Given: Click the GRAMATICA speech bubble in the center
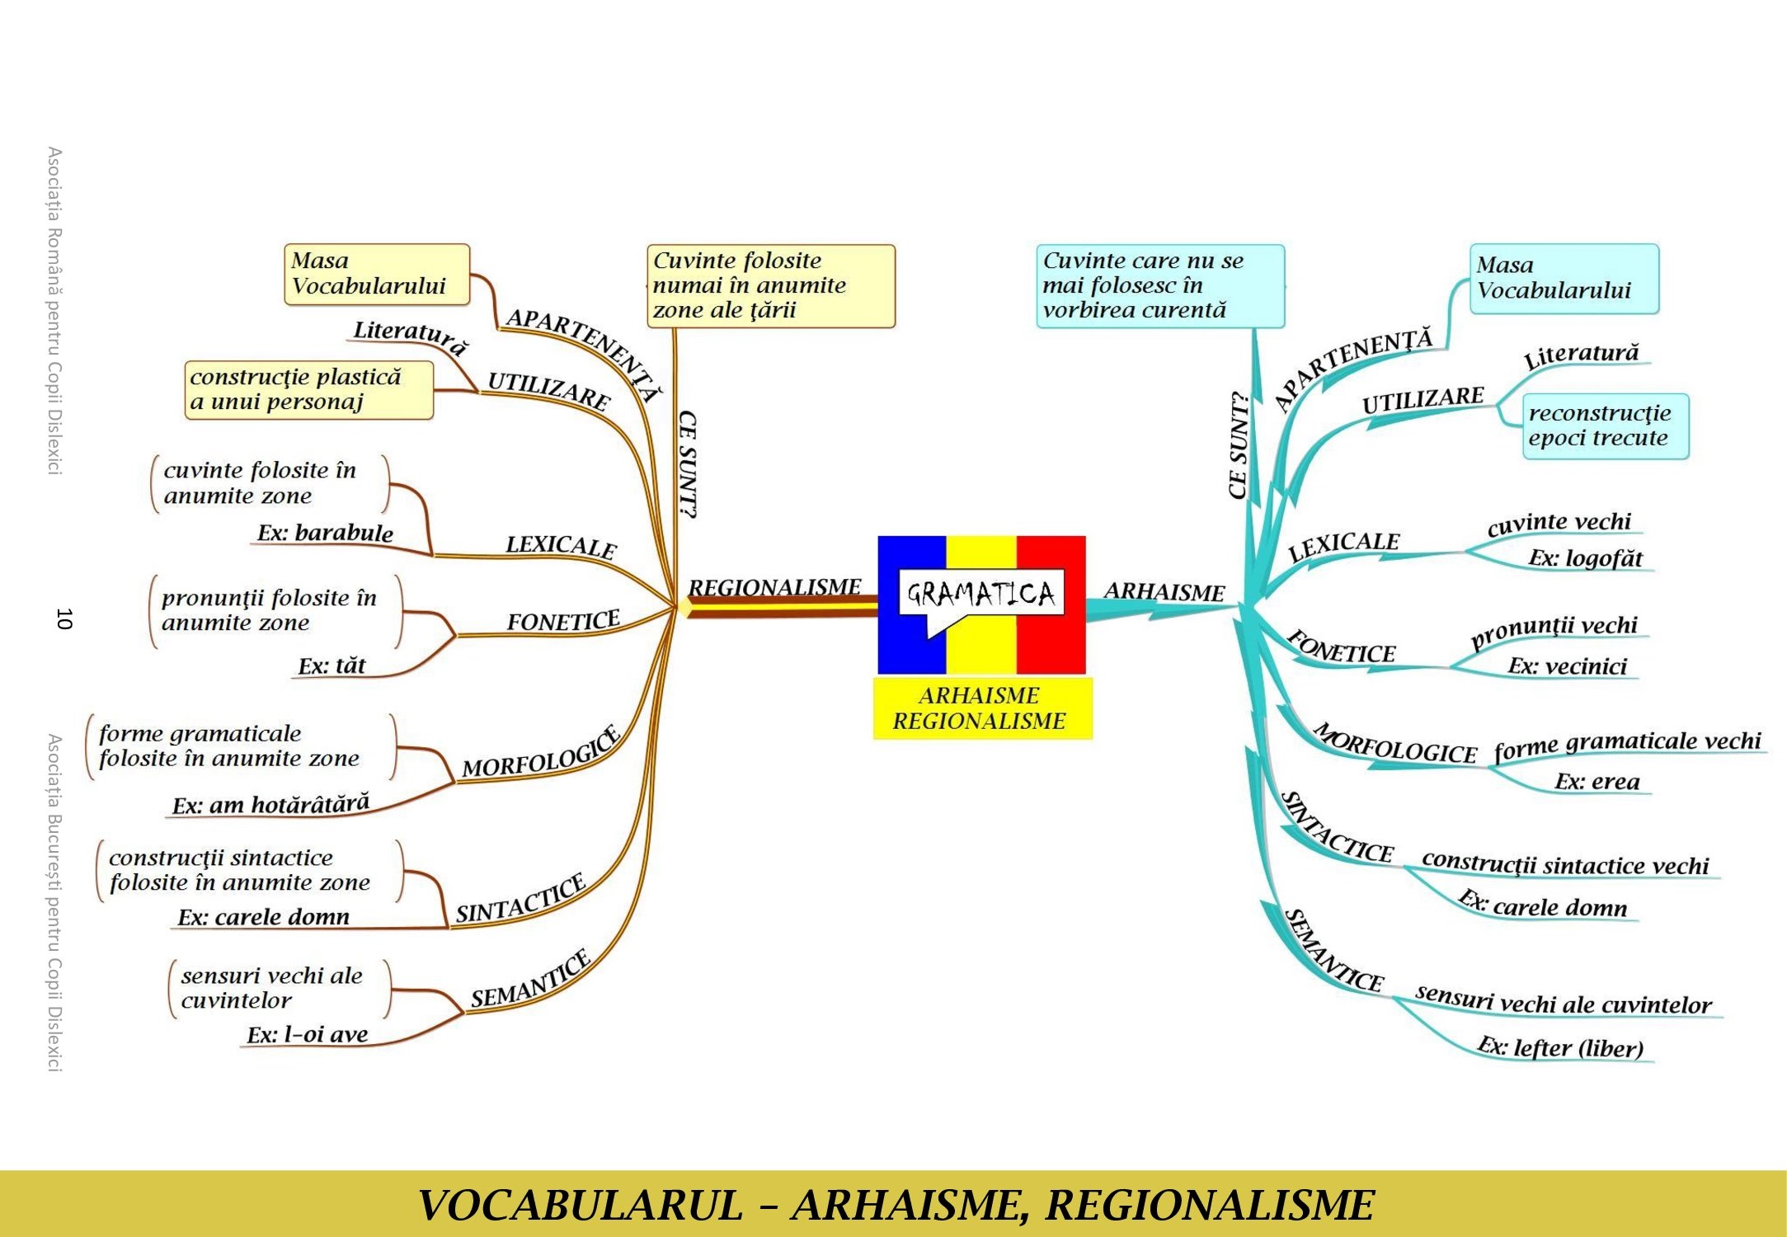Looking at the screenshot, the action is point(980,594).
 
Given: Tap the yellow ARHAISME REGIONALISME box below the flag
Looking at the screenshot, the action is point(983,708).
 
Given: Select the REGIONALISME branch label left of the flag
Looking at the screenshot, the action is point(774,587).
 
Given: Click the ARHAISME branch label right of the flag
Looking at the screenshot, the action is point(1164,592).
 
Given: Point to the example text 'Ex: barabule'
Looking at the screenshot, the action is point(325,533).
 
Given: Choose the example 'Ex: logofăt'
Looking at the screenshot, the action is point(1585,558).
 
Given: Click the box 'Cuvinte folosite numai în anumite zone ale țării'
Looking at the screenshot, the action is point(771,286).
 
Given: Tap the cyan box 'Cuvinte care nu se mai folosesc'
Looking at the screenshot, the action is point(1160,286).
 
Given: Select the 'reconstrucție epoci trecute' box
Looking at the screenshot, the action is point(1606,426).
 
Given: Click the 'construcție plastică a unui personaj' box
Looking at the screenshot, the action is point(309,390).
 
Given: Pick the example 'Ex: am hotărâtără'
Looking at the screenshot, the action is point(270,804).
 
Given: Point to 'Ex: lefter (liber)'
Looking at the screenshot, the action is point(1560,1047).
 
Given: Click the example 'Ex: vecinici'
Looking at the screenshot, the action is point(1568,666).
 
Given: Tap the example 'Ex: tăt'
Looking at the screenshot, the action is point(332,666).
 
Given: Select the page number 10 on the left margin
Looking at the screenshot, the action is point(64,618).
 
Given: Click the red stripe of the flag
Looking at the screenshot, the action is point(1051,604).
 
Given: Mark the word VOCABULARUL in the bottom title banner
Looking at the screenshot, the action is point(581,1205).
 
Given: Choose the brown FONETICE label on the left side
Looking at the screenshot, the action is point(563,621).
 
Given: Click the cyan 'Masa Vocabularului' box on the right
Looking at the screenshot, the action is point(1564,279).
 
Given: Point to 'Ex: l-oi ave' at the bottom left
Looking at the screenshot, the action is point(307,1035).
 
